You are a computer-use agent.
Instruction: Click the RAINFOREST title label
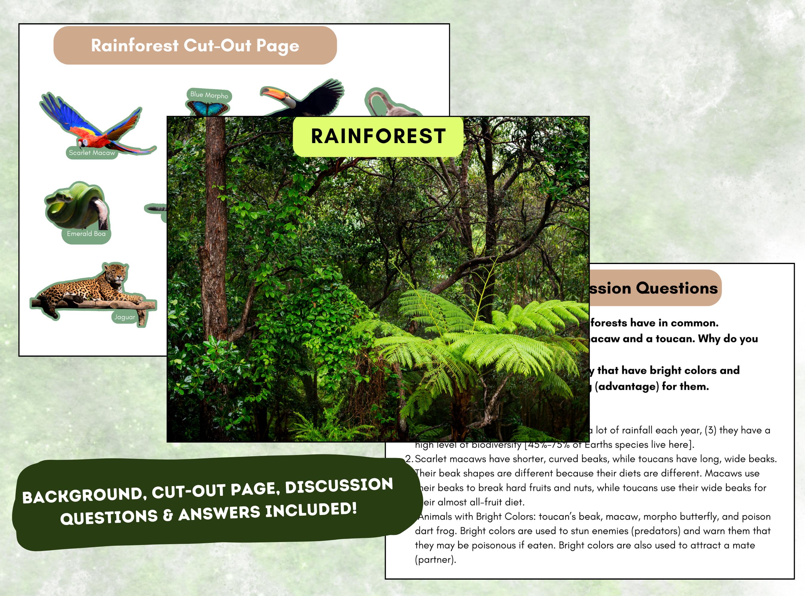pyautogui.click(x=378, y=136)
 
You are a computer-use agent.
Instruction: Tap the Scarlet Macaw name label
pyautogui.click(x=92, y=153)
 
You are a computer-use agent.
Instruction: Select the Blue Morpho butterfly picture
pyautogui.click(x=207, y=108)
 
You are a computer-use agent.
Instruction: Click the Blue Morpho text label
pyautogui.click(x=209, y=95)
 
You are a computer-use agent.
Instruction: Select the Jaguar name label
pyautogui.click(x=125, y=317)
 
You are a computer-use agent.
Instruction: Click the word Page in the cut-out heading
pyautogui.click(x=278, y=46)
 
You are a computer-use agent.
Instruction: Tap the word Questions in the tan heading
pyautogui.click(x=676, y=288)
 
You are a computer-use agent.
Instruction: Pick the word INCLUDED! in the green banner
pyautogui.click(x=311, y=510)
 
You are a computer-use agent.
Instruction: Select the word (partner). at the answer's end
pyautogui.click(x=435, y=560)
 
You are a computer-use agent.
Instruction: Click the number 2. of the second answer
pyautogui.click(x=409, y=459)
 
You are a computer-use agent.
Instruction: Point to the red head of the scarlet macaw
pyautogui.click(x=84, y=142)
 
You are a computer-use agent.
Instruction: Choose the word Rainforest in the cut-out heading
pyautogui.click(x=135, y=46)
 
